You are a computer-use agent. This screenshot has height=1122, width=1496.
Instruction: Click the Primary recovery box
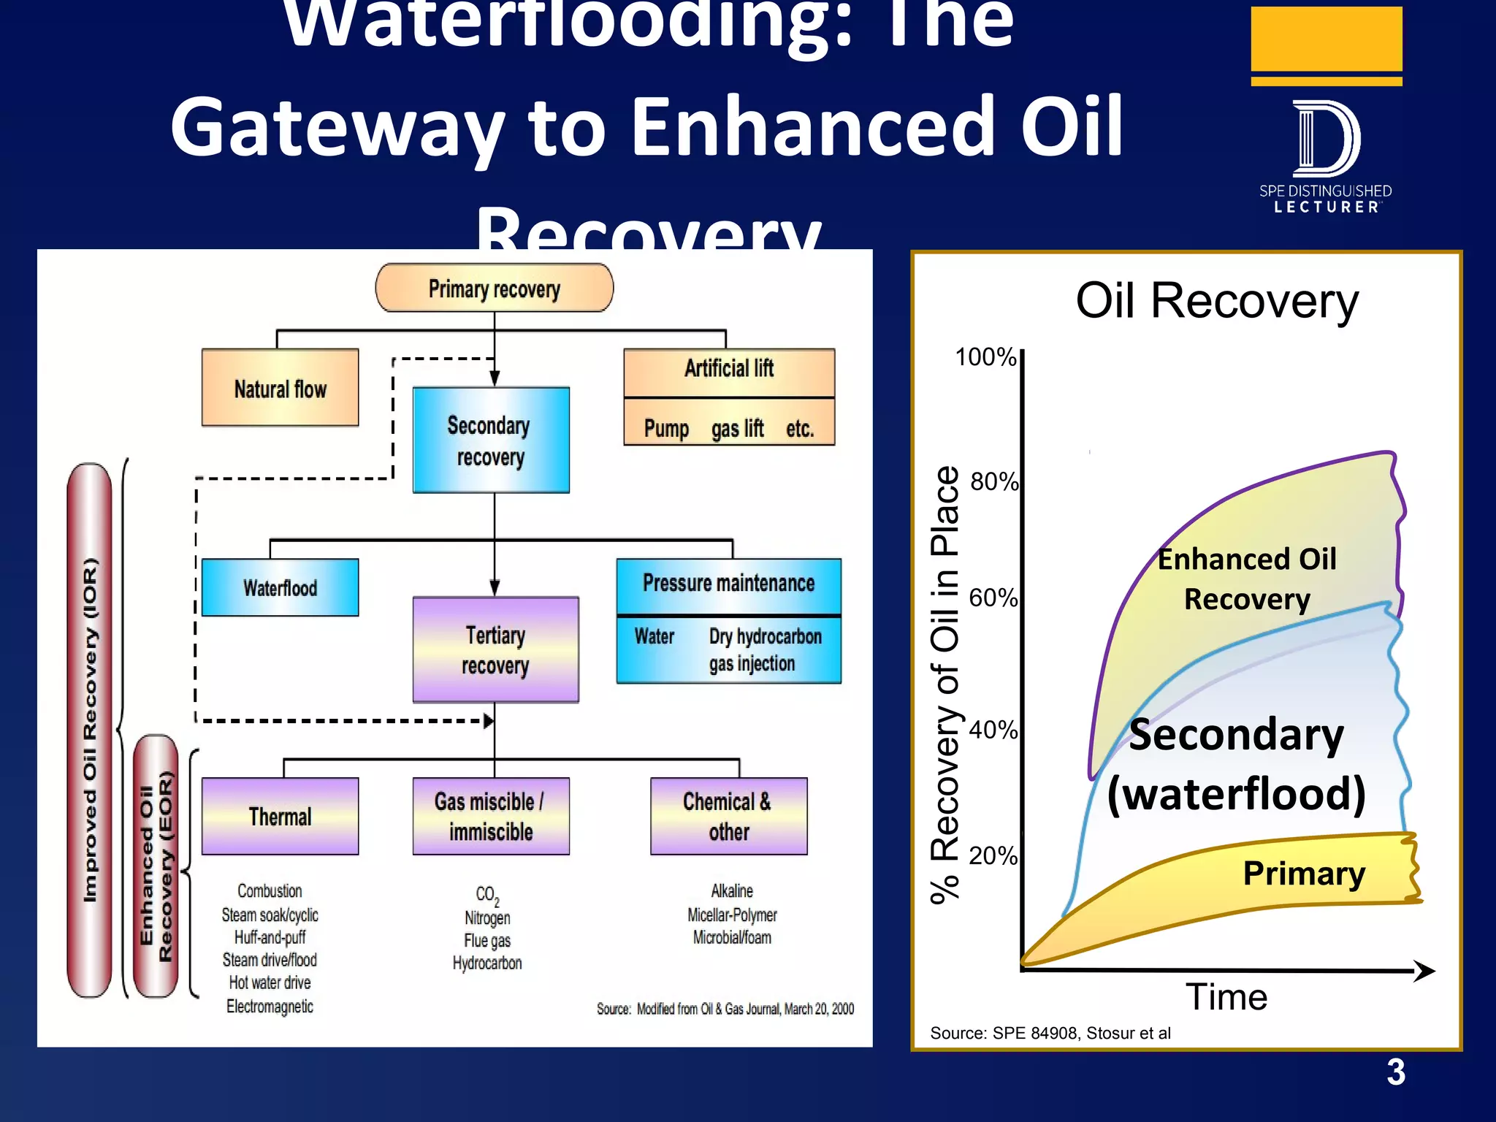[x=494, y=289]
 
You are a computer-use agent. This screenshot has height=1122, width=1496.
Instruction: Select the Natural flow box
[x=280, y=388]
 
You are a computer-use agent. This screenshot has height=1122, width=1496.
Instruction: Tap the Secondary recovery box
[x=490, y=440]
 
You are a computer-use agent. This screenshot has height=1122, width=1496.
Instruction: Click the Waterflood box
[x=280, y=587]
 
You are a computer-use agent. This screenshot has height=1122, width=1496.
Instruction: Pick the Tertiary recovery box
[x=495, y=650]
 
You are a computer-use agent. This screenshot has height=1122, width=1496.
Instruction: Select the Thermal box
[x=280, y=816]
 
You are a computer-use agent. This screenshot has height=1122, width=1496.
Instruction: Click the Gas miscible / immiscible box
[x=490, y=816]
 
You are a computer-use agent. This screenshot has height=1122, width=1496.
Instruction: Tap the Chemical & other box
[x=728, y=816]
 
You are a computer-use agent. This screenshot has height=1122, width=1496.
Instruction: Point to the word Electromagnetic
[x=270, y=1007]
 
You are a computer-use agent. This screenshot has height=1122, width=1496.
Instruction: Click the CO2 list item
[x=487, y=895]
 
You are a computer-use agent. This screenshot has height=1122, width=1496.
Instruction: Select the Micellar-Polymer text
[x=732, y=915]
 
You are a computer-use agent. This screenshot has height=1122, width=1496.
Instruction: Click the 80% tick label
[x=993, y=482]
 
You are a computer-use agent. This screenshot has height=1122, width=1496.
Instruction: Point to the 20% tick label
[x=993, y=855]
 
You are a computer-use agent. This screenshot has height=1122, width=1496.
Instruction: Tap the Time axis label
[x=1226, y=997]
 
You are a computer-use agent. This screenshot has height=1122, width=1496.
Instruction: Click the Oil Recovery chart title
[x=1217, y=301]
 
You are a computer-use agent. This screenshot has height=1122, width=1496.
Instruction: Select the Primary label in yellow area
[x=1304, y=874]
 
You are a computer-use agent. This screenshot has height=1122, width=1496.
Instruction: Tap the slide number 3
[x=1395, y=1072]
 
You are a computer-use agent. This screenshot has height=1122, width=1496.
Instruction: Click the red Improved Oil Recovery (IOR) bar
[x=89, y=730]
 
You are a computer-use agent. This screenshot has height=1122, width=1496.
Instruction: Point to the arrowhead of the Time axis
[x=1424, y=971]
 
